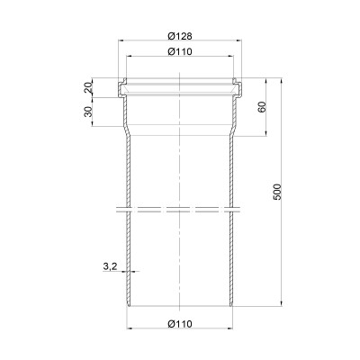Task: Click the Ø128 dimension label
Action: [x=180, y=36]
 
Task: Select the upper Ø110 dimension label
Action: [x=180, y=51]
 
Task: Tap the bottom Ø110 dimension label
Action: [x=180, y=324]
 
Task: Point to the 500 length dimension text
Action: [x=277, y=192]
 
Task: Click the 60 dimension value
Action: [x=262, y=107]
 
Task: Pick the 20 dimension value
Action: [x=88, y=88]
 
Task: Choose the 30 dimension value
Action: [x=88, y=112]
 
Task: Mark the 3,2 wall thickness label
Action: [x=110, y=266]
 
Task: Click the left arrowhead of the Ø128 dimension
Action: [x=121, y=40]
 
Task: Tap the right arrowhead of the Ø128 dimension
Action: [x=238, y=40]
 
